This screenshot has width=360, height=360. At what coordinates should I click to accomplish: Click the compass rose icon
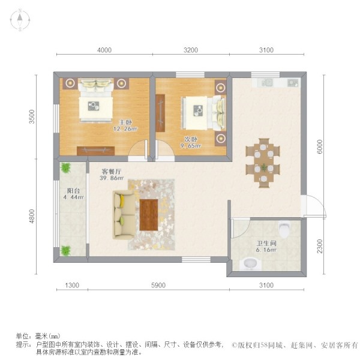click(x=20, y=20)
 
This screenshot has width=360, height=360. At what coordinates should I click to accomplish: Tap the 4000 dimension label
click(x=104, y=50)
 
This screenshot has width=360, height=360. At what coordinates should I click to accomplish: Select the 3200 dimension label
click(x=191, y=50)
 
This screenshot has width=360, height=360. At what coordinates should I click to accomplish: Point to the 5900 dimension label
click(x=158, y=285)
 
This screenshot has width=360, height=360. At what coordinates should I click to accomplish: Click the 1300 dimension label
click(x=72, y=285)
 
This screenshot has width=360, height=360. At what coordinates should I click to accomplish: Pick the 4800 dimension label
click(x=32, y=216)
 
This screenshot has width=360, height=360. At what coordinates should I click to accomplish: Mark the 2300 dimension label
click(x=320, y=246)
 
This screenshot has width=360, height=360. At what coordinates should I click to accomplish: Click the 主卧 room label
click(x=125, y=122)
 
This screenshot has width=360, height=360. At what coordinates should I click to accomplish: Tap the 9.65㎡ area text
click(x=191, y=146)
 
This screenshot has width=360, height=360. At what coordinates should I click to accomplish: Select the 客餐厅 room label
click(x=112, y=171)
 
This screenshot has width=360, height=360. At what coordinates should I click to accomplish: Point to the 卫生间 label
click(x=266, y=243)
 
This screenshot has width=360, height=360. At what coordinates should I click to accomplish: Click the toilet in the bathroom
click(x=284, y=229)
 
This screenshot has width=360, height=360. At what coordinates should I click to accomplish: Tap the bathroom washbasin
click(x=250, y=263)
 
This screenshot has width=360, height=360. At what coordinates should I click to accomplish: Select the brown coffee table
click(x=149, y=215)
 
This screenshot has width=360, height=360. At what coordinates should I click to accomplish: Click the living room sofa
click(x=124, y=215)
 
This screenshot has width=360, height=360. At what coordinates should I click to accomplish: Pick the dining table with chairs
click(x=263, y=163)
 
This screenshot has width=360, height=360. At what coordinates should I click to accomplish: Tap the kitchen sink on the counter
click(x=266, y=83)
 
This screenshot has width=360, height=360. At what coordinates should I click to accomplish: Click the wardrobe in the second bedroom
click(x=160, y=113)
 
